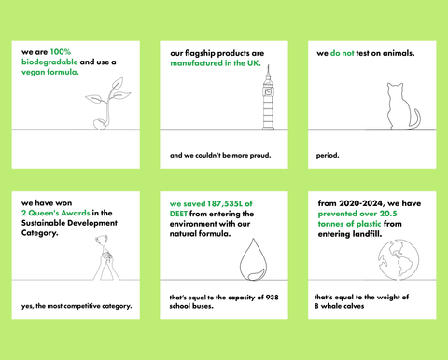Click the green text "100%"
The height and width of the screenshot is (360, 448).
click(x=61, y=52)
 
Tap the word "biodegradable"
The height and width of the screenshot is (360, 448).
click(x=49, y=62)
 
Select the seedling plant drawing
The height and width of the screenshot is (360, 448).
click(x=107, y=104)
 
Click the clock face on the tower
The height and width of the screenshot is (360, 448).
click(x=268, y=91)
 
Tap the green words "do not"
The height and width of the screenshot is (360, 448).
click(x=342, y=53)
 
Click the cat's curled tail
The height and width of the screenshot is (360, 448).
click(x=416, y=119)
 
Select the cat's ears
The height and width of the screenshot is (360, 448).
click(x=395, y=85)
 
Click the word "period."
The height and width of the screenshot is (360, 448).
click(x=328, y=155)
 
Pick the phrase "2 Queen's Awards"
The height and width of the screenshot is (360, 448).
click(x=56, y=213)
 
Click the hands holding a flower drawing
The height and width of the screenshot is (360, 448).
click(x=106, y=257)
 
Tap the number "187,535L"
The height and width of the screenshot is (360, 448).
click(x=225, y=204)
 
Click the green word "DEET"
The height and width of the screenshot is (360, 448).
click(x=178, y=214)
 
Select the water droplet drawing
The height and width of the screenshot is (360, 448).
click(x=253, y=259)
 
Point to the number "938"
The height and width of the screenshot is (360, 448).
click(x=273, y=298)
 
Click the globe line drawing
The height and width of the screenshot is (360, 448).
click(x=399, y=259)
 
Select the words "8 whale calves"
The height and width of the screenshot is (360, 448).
click(x=339, y=306)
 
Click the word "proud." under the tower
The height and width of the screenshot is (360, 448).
click(x=260, y=155)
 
